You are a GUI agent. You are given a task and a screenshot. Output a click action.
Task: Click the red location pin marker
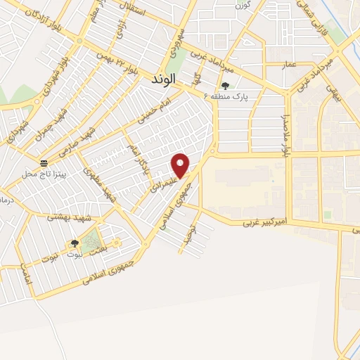(x=181, y=165)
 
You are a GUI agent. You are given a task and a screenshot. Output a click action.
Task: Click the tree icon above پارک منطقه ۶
(x=225, y=86)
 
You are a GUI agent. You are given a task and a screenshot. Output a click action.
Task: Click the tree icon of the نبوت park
(x=74, y=243)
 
